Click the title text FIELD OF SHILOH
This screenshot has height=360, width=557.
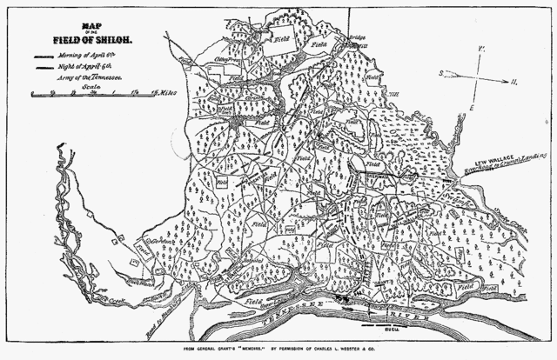click(82, 37)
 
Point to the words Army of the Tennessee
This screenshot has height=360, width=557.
click(94, 77)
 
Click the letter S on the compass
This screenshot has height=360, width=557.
click(441, 74)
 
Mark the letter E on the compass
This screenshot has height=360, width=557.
click(472, 107)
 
